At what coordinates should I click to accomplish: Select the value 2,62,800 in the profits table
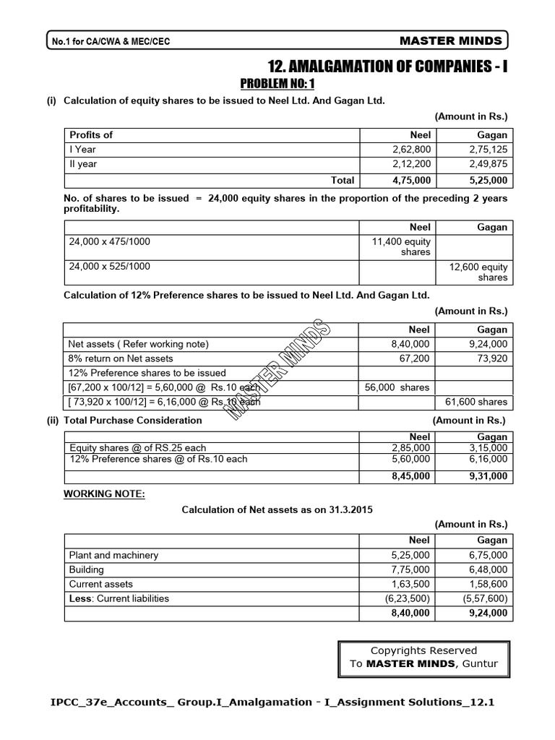tap(410, 150)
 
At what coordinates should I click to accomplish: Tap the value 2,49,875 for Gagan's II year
tap(488, 164)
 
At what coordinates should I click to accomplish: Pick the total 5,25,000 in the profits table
tap(488, 181)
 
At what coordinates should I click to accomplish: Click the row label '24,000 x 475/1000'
tap(110, 241)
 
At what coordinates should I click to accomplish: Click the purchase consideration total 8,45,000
tap(410, 476)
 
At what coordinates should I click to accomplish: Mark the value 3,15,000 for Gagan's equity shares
tap(488, 448)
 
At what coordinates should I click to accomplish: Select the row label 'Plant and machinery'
tap(113, 555)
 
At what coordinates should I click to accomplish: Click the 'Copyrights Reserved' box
tap(423, 657)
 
